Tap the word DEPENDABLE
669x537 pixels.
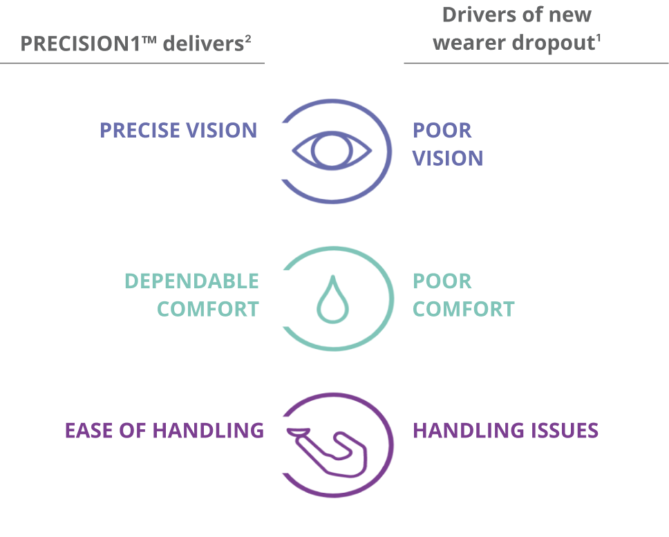coord(191,281)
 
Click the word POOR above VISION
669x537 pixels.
coord(442,130)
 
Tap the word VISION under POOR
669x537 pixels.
coord(448,158)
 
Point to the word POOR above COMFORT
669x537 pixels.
coord(442,281)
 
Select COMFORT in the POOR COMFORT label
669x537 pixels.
coord(464,309)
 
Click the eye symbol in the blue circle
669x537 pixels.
coord(332,151)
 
